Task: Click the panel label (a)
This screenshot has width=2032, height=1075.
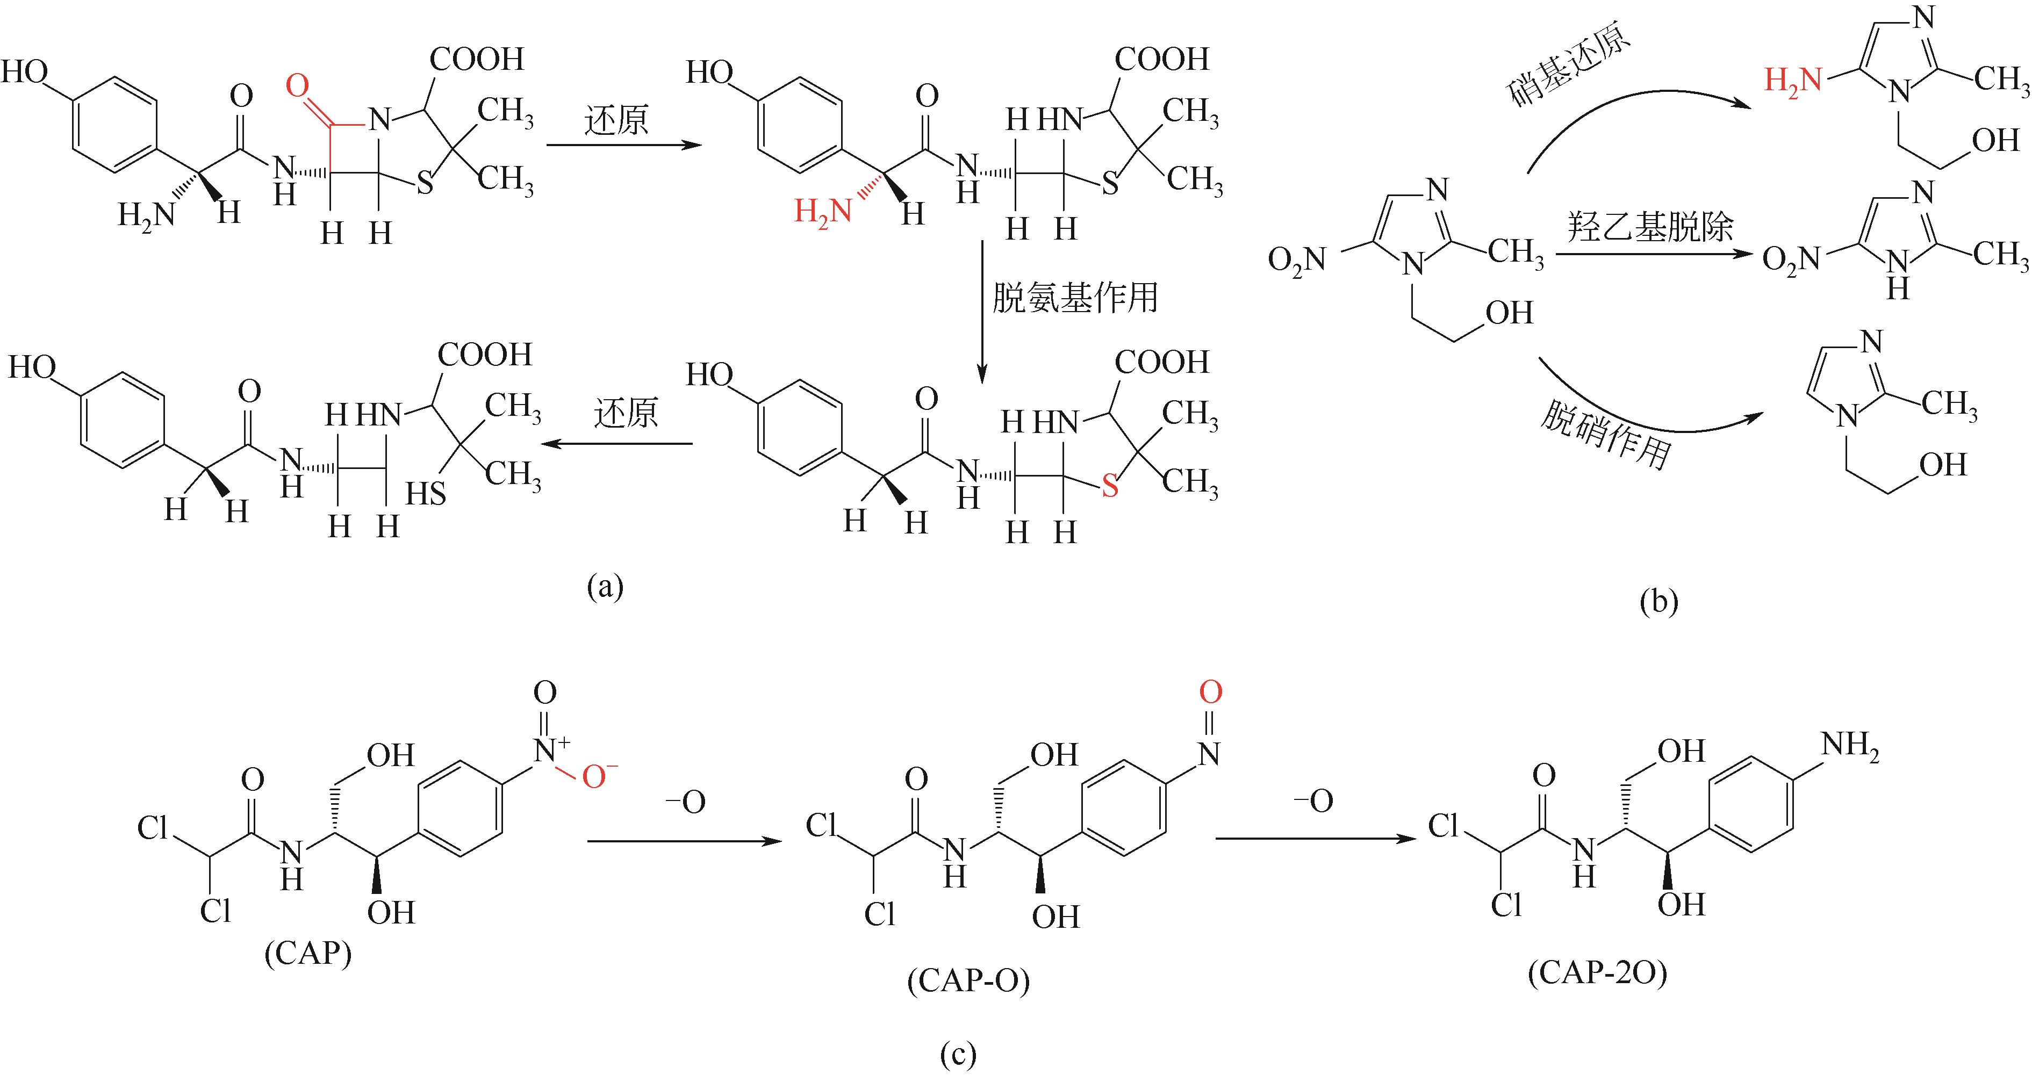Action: [605, 586]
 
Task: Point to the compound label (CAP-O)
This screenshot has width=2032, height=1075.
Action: [968, 981]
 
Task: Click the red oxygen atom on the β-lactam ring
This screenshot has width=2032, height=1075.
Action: [297, 86]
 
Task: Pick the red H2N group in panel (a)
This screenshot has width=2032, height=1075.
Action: [823, 211]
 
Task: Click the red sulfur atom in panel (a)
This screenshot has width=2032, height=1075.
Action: [1110, 487]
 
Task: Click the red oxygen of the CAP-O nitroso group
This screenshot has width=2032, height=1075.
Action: [1210, 692]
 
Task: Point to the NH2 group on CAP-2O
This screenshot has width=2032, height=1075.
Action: [1850, 745]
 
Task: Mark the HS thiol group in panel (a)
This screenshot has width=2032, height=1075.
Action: [426, 494]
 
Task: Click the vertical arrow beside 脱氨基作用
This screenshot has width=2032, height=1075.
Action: [982, 312]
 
